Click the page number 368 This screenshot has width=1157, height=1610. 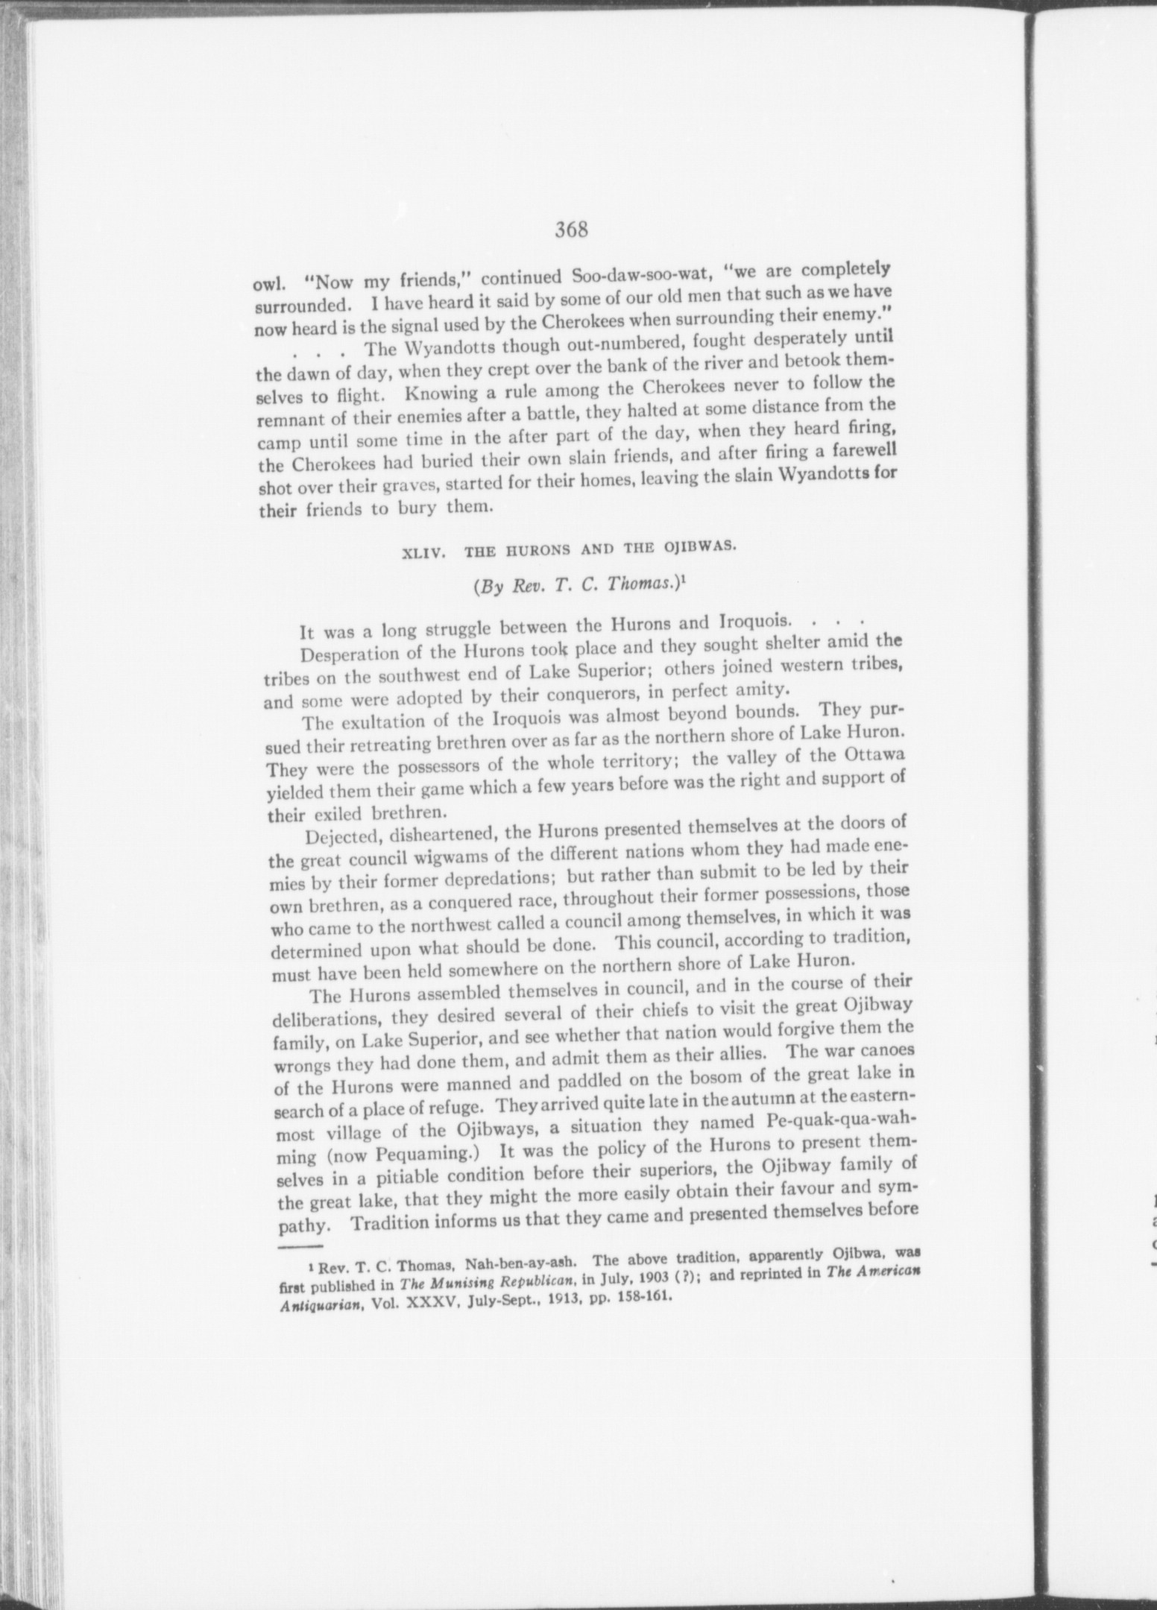point(572,230)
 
